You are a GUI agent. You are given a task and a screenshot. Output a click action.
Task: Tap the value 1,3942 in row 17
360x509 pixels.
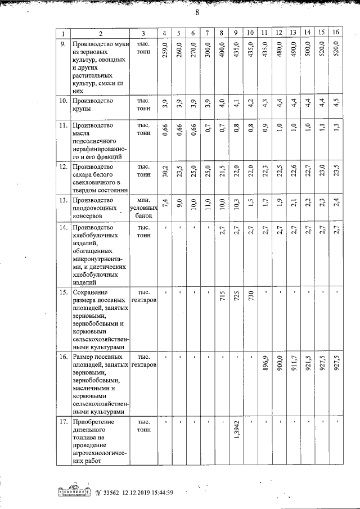coord(236,434)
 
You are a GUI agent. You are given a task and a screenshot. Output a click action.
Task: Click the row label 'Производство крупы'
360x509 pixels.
coord(93,105)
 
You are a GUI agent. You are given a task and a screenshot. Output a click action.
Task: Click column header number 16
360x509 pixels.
coord(336,33)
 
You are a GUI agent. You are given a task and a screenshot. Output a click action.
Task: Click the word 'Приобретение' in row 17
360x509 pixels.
coord(93,422)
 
